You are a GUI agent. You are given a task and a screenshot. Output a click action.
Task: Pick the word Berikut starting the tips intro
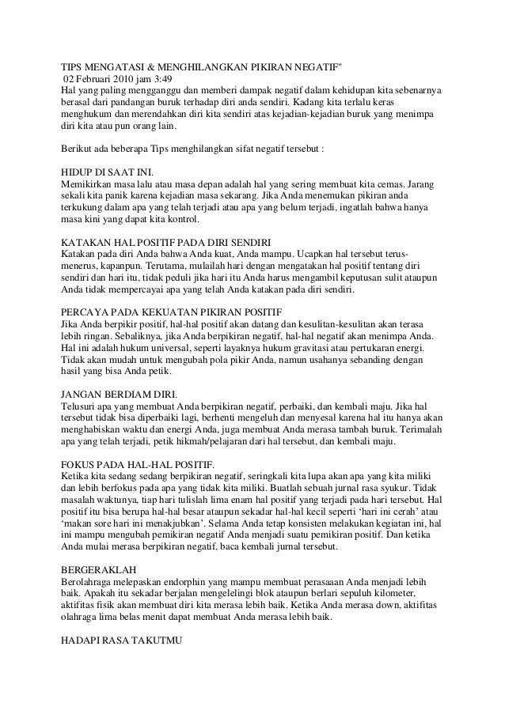pos(77,149)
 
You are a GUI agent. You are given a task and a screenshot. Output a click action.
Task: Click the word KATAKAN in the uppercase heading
pos(85,241)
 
